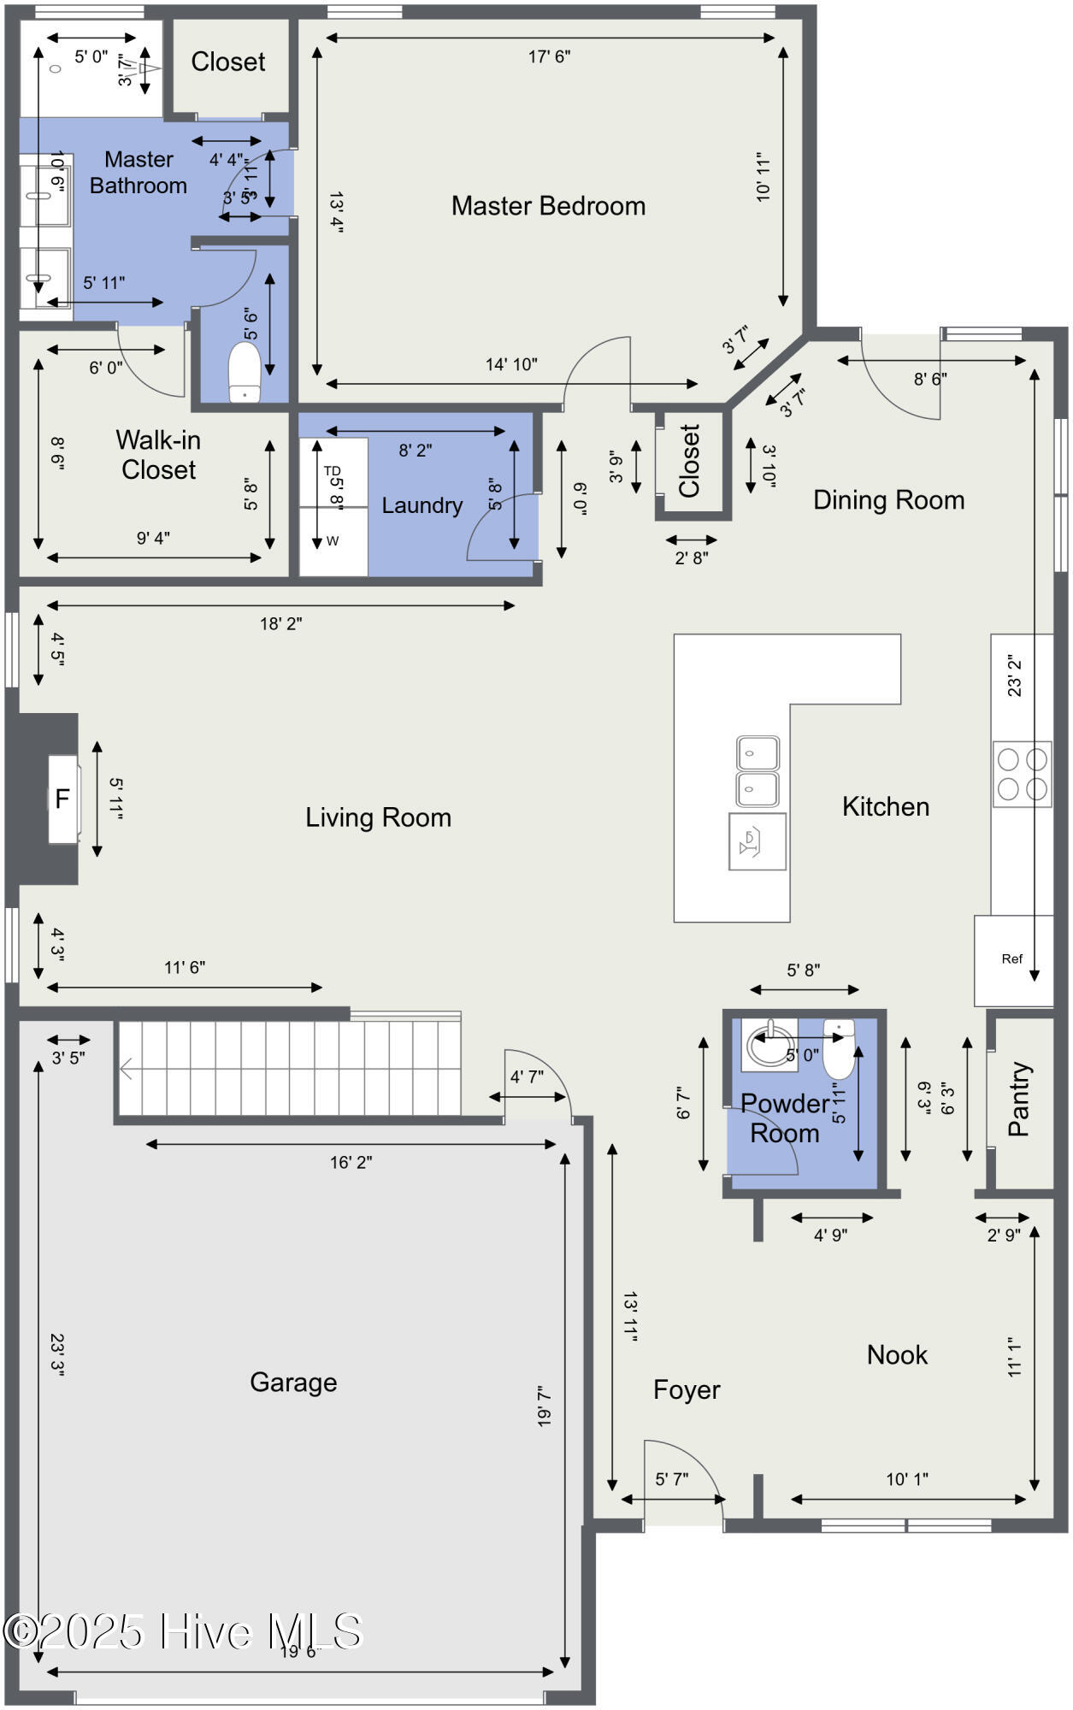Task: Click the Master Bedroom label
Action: tap(548, 206)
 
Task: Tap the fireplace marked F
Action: tap(62, 799)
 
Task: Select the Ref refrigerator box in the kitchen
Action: tap(1012, 959)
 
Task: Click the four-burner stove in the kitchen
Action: tap(1022, 774)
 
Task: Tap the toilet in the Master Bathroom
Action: tap(245, 373)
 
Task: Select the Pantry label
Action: tap(1019, 1100)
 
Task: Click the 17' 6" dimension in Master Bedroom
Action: tap(549, 56)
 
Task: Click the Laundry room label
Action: tap(422, 505)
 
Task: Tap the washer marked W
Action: tap(333, 541)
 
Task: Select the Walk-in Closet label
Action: tap(158, 455)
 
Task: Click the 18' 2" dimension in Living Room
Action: tap(280, 623)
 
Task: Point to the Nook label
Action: tap(897, 1354)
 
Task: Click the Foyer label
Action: tap(687, 1389)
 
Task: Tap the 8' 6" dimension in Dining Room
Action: tap(930, 379)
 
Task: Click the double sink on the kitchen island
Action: tap(758, 770)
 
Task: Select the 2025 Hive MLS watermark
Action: tap(184, 1631)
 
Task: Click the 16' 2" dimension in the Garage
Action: tap(351, 1162)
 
